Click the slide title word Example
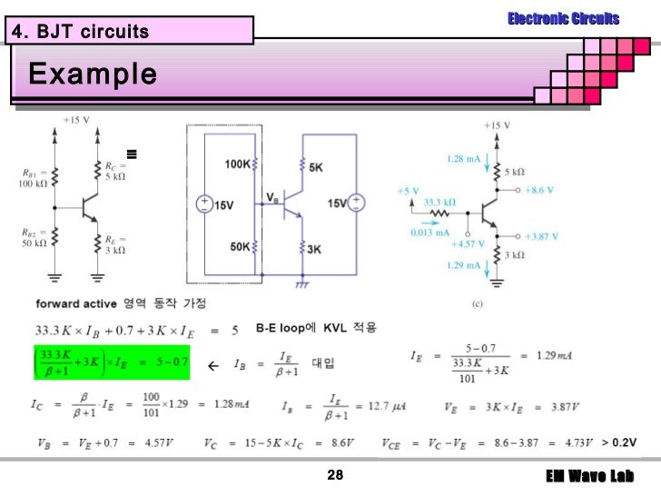(x=92, y=73)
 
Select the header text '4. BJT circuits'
(x=80, y=33)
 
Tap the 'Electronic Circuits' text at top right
(x=563, y=18)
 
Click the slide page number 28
(x=335, y=477)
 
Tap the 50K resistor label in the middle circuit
(x=240, y=246)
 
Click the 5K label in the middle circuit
(x=315, y=168)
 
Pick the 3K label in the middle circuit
(x=315, y=248)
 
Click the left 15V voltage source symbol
(x=204, y=204)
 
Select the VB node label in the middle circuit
(x=272, y=196)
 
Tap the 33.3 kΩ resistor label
(x=440, y=202)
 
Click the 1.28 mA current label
(x=463, y=159)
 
